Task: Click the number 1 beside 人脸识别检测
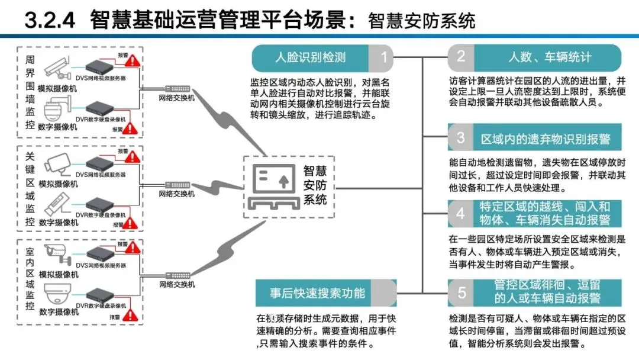[383, 57]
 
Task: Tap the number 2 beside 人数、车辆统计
[460, 57]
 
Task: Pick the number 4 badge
[460, 213]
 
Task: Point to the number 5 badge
[461, 292]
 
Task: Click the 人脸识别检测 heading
[311, 57]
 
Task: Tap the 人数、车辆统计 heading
[550, 57]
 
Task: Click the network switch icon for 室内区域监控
[176, 276]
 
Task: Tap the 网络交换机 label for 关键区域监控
[176, 194]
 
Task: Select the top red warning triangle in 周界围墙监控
[133, 60]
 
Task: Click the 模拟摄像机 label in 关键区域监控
[58, 184]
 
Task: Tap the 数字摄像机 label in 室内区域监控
[58, 311]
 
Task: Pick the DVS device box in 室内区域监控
[99, 253]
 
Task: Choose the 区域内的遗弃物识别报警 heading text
[545, 139]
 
